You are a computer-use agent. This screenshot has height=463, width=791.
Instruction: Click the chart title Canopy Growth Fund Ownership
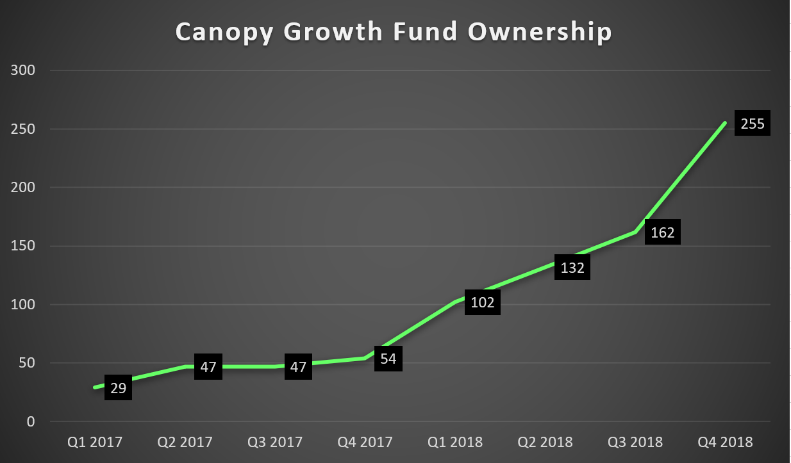click(x=394, y=32)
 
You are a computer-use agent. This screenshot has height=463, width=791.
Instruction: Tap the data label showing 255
click(x=753, y=124)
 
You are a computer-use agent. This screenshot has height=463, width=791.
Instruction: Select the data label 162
click(x=662, y=232)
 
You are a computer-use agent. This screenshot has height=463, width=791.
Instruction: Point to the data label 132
click(x=572, y=268)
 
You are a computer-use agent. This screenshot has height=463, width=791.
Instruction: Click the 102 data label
click(x=482, y=302)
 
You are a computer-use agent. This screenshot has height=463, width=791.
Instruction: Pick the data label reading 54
click(x=388, y=359)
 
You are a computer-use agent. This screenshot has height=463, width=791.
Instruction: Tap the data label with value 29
click(x=118, y=387)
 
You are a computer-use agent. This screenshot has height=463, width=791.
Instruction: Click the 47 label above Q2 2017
click(x=208, y=367)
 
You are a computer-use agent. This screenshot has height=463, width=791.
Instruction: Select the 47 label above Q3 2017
click(x=298, y=367)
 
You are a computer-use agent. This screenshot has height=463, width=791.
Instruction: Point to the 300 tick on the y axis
click(x=23, y=70)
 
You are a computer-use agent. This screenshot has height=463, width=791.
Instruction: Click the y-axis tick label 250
click(x=23, y=129)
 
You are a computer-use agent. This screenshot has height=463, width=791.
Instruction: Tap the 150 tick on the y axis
click(x=23, y=247)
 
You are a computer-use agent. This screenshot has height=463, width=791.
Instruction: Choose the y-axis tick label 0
click(x=31, y=422)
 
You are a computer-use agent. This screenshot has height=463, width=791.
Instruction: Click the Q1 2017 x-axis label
click(x=95, y=442)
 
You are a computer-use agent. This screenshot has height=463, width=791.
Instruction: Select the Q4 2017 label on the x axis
click(x=365, y=442)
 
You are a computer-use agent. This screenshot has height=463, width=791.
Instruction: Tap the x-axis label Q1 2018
click(x=455, y=442)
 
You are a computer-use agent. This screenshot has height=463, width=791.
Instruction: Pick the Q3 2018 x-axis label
click(x=636, y=442)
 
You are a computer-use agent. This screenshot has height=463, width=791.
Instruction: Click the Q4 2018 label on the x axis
click(x=726, y=442)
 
